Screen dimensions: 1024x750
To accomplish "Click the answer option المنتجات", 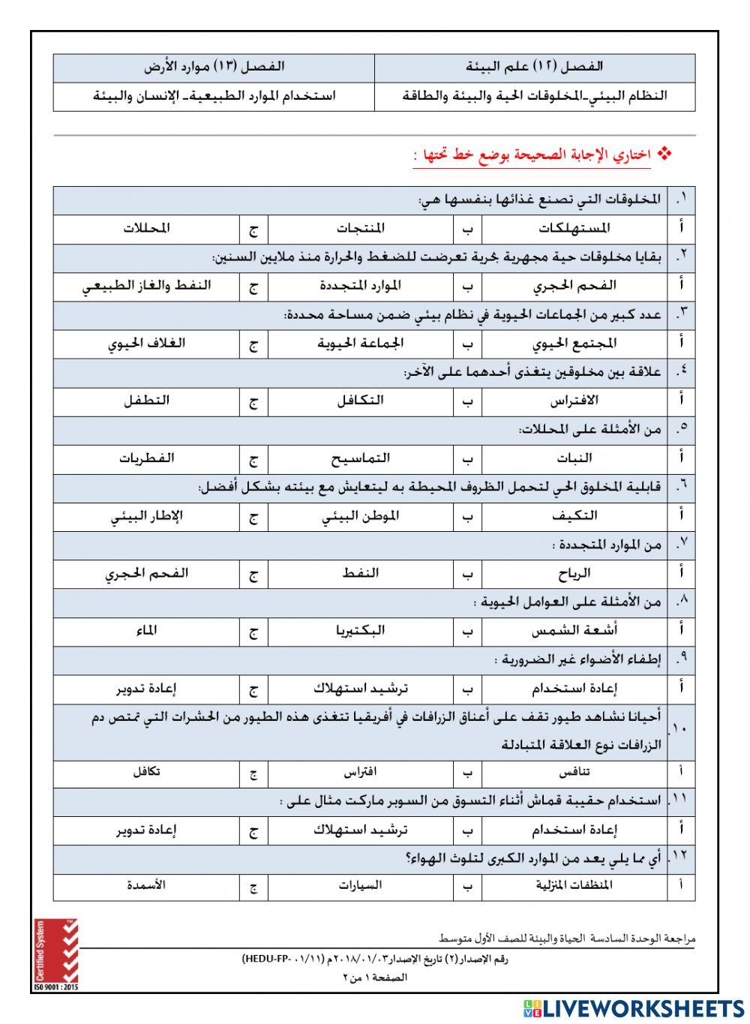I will [360, 228].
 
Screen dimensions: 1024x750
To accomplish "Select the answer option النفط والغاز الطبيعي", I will [146, 286].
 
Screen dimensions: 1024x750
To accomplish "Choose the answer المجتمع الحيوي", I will [574, 343].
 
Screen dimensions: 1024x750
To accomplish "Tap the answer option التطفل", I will [146, 401].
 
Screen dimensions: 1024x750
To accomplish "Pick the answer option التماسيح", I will [360, 458].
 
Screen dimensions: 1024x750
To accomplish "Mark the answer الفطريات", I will [146, 458].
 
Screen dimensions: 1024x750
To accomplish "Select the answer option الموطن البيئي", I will [360, 516].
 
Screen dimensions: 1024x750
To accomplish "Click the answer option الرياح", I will [574, 574].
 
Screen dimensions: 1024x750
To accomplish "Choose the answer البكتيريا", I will [360, 631].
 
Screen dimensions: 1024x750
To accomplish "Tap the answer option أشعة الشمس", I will [574, 631].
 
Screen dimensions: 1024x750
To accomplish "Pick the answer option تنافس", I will [574, 772].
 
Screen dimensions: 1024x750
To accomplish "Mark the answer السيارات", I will [360, 885].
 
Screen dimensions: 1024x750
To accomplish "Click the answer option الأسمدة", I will [146, 885].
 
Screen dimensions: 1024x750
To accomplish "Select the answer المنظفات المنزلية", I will [574, 885].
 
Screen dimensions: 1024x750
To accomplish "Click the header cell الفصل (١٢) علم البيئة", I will [535, 68].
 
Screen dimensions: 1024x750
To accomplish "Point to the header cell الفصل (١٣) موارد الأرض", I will [214, 68].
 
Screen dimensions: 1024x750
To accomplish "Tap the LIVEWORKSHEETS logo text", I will [634, 1007].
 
